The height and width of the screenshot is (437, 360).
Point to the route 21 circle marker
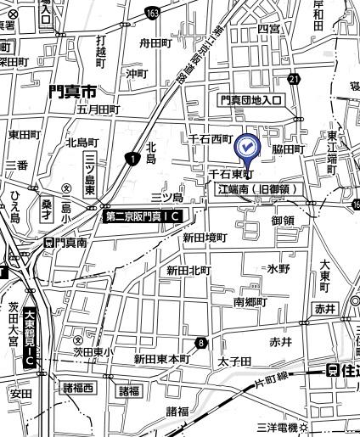pos(294,79)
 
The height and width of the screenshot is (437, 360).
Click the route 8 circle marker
pos(201,343)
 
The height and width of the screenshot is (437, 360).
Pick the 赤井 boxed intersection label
pos(324,309)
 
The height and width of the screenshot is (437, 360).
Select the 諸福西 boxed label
pos(81,389)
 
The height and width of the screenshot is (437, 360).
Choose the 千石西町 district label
pos(211,137)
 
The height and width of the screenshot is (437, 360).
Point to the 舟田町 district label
pos(155,41)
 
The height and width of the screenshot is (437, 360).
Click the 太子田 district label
pos(235,361)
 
